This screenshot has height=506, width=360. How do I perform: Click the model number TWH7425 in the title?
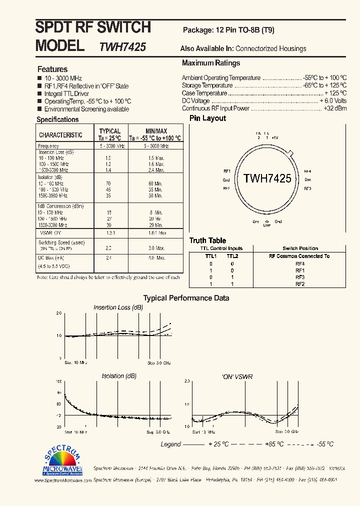pyautogui.click(x=122, y=47)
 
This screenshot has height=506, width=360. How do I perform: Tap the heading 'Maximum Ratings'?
pyautogui.click(x=211, y=63)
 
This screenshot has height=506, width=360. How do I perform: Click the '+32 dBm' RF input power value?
pyautogui.click(x=335, y=108)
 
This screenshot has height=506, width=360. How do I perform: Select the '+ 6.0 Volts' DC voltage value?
pyautogui.click(x=333, y=100)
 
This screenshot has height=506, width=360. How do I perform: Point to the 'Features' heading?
pyautogui.click(x=52, y=69)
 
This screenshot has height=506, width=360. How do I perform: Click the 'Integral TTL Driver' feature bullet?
pyautogui.click(x=66, y=93)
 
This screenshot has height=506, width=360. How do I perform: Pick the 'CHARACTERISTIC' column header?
pyautogui.click(x=60, y=135)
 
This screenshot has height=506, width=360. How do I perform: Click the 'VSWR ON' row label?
pyautogui.click(x=50, y=232)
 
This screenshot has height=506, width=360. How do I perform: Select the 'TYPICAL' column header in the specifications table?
pyautogui.click(x=110, y=131)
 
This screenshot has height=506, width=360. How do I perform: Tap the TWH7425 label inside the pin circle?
pyautogui.click(x=267, y=178)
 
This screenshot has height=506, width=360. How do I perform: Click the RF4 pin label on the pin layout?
pyautogui.click(x=307, y=170)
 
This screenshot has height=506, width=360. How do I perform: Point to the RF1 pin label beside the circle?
pyautogui.click(x=226, y=170)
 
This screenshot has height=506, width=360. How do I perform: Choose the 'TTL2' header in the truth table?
pyautogui.click(x=232, y=256)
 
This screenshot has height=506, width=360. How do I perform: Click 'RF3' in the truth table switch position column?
pyautogui.click(x=300, y=277)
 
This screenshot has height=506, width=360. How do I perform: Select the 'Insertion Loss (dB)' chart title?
pyautogui.click(x=118, y=307)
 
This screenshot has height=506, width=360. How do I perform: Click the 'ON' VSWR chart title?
pyautogui.click(x=236, y=376)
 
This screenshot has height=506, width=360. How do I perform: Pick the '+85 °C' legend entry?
pyautogui.click(x=273, y=444)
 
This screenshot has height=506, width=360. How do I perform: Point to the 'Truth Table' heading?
pyautogui.click(x=207, y=240)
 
